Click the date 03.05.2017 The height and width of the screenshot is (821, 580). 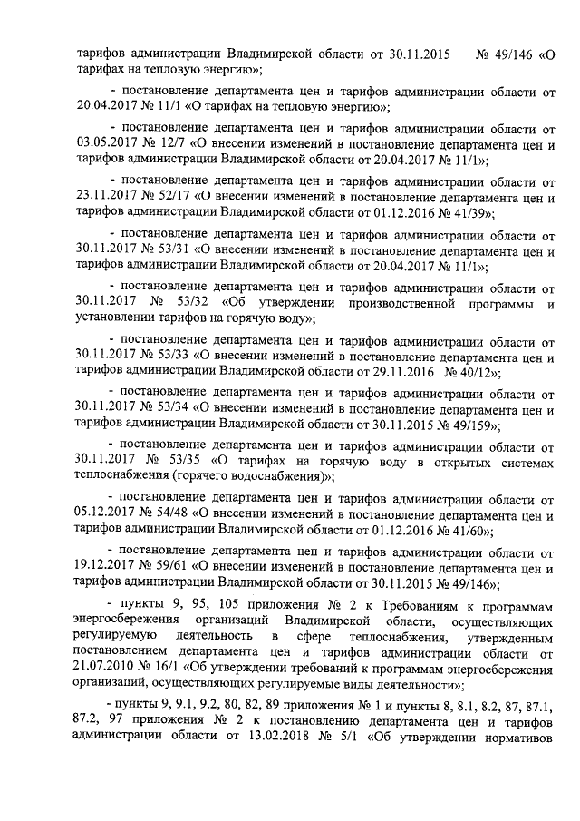tap(107, 142)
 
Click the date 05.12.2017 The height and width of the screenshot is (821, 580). tap(107, 516)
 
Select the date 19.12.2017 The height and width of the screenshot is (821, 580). tap(107, 569)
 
